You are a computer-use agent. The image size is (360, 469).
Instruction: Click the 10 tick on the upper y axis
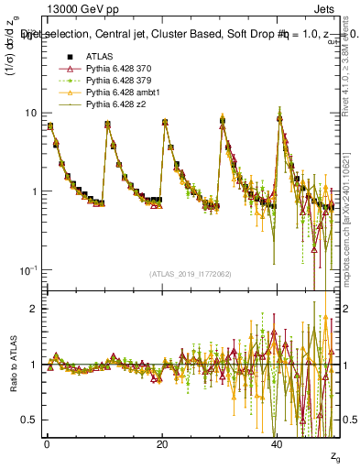[x=30, y=113]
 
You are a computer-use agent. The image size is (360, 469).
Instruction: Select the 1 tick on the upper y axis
[x=34, y=191]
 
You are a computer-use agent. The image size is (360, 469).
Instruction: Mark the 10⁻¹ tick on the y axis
[x=28, y=270]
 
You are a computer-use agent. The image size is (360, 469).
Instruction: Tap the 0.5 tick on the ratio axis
[x=30, y=420]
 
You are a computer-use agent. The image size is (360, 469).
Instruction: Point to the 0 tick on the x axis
[x=47, y=443]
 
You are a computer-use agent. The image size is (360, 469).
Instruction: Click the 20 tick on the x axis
[x=162, y=443]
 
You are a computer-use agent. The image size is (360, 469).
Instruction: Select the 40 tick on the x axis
[x=278, y=443]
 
